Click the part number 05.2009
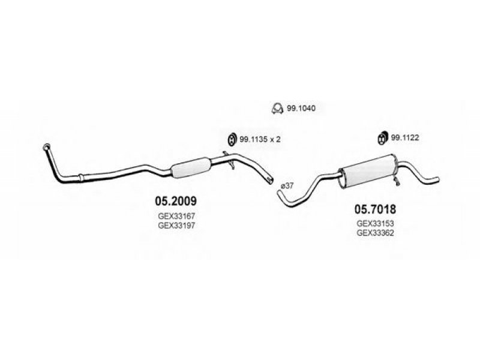click(x=176, y=201)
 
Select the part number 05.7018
click(x=375, y=209)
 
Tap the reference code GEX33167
click(x=176, y=216)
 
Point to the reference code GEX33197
click(x=176, y=226)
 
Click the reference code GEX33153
click(x=375, y=223)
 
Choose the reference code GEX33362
click(x=375, y=233)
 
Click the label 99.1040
click(x=301, y=108)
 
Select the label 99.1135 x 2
click(x=260, y=139)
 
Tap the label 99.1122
click(x=404, y=138)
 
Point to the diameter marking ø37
click(x=287, y=185)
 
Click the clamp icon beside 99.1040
click(x=277, y=108)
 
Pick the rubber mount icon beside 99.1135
click(x=232, y=139)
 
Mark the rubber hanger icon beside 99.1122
click(x=382, y=138)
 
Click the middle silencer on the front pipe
click(x=190, y=167)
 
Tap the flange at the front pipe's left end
click(x=47, y=146)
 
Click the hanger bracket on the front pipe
click(x=230, y=160)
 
